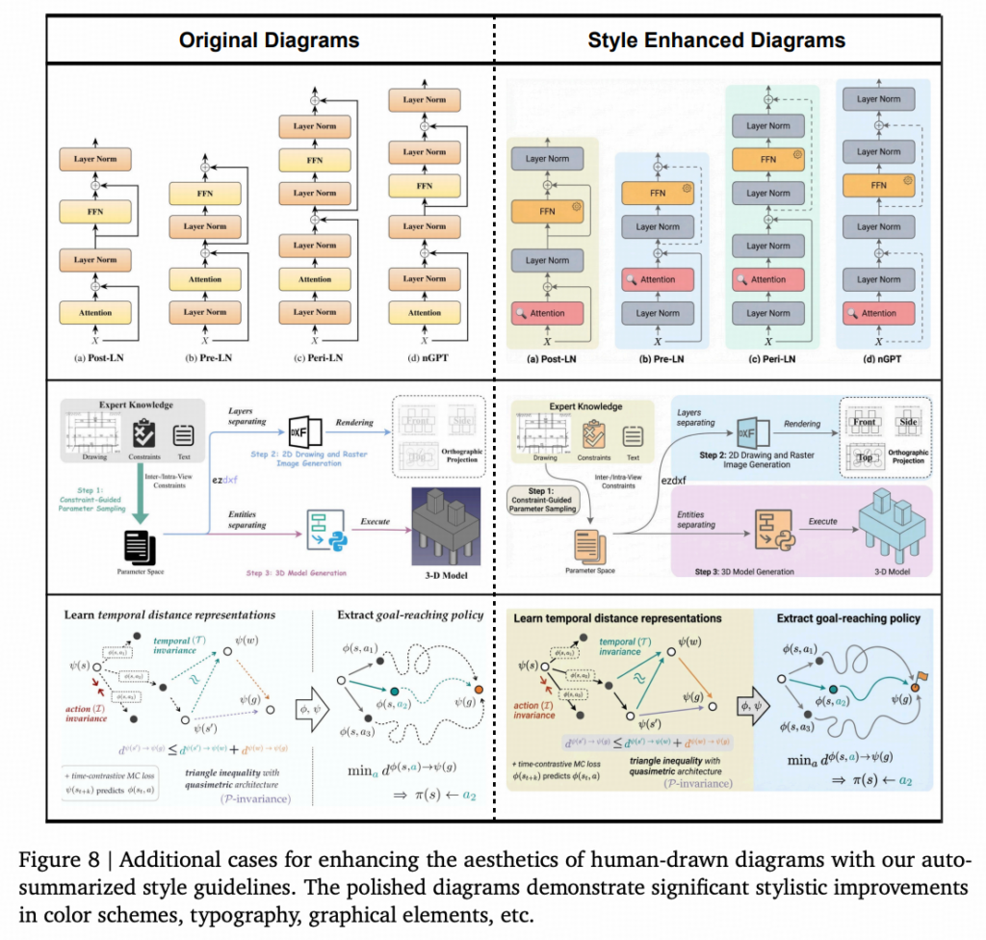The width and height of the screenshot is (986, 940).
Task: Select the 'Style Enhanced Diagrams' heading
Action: (716, 40)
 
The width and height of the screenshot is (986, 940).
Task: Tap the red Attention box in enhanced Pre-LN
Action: (658, 279)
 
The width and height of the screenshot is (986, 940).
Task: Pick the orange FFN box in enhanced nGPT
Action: (878, 184)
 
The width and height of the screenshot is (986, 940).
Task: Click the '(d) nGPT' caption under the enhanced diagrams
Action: (878, 360)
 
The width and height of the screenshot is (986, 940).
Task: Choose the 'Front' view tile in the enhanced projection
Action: (864, 422)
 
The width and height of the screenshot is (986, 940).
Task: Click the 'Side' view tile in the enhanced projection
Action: (908, 422)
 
